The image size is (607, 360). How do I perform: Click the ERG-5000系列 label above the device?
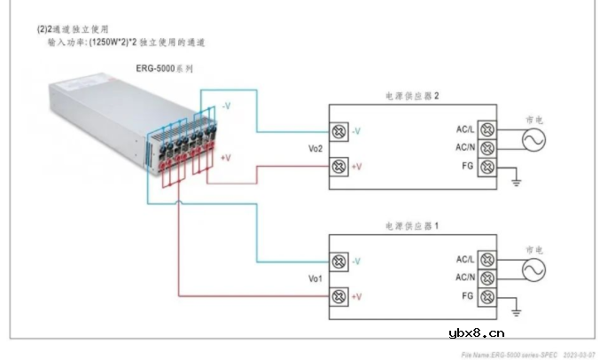click(x=162, y=68)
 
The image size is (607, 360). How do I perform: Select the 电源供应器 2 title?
click(x=413, y=96)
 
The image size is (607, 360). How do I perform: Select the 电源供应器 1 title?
click(x=413, y=227)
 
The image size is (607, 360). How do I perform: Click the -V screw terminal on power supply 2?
click(x=338, y=131)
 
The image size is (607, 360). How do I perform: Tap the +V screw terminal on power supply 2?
click(x=338, y=166)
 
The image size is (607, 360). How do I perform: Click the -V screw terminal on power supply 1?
click(x=338, y=262)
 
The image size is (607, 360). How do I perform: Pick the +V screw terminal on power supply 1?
click(x=338, y=296)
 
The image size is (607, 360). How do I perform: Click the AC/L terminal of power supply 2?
click(x=486, y=130)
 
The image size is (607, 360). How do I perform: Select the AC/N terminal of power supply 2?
click(x=486, y=148)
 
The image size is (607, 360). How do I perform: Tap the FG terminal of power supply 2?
click(x=486, y=167)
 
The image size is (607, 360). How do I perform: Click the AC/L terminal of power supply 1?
click(x=486, y=260)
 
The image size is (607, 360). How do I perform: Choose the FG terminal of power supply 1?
click(x=486, y=296)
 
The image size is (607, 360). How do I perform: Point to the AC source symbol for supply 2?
click(x=534, y=139)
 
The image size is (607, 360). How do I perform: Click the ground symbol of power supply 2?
click(x=518, y=184)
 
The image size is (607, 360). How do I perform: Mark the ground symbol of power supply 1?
click(x=518, y=312)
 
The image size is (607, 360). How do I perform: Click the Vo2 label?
click(x=315, y=149)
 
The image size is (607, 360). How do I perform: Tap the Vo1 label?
click(x=315, y=278)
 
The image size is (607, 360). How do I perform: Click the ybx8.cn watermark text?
click(x=477, y=333)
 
